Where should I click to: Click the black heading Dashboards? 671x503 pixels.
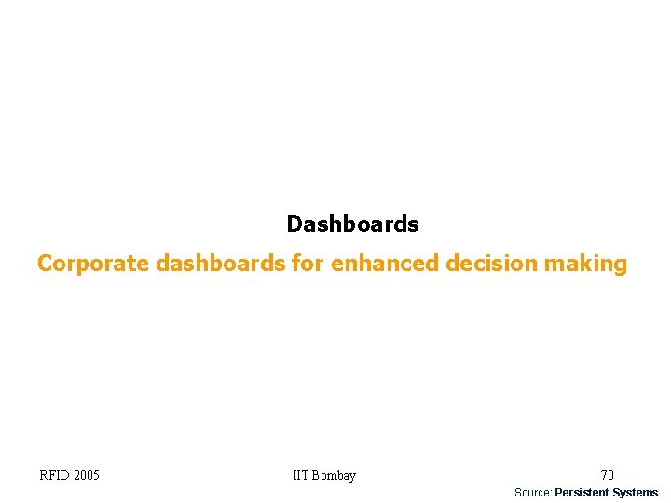pos(352,224)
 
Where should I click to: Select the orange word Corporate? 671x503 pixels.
pos(93,264)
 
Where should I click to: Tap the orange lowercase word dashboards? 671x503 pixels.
pos(221,264)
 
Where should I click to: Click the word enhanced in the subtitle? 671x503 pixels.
pos(385,264)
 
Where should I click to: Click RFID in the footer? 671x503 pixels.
pos(54,476)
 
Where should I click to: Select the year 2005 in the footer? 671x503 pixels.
pos(87,476)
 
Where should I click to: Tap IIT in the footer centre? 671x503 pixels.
pos(301,476)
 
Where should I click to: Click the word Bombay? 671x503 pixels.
pos(335,476)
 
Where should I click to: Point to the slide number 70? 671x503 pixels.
pos(607,476)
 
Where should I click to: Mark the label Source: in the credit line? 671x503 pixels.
pos(533,493)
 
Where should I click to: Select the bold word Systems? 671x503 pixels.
pos(636,493)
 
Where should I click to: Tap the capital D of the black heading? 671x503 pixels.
pos(294,224)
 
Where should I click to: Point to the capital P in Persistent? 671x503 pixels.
pos(558,493)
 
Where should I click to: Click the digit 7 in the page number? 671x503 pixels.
pos(604,476)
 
